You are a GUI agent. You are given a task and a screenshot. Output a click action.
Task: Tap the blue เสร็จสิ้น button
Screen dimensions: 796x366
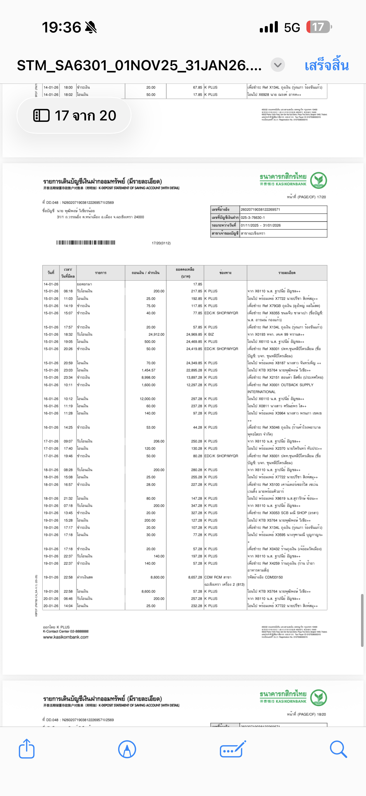(327, 66)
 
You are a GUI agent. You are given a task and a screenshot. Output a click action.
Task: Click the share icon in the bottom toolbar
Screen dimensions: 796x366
(27, 749)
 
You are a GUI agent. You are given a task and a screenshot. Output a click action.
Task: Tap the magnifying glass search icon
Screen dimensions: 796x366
(338, 749)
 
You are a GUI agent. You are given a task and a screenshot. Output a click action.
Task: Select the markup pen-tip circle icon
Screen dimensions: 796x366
(127, 749)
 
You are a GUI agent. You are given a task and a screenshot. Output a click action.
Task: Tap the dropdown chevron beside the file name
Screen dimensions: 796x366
(278, 65)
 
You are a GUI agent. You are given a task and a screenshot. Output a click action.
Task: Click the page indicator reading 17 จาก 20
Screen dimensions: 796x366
(74, 115)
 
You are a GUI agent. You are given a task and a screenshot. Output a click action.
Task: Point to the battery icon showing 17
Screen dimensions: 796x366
(319, 27)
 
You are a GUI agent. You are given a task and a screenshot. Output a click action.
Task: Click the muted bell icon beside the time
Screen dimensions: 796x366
(91, 27)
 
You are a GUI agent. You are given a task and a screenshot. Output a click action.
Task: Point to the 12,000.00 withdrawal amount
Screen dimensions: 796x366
(148, 399)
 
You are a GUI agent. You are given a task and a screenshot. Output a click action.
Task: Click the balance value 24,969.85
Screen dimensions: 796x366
(194, 334)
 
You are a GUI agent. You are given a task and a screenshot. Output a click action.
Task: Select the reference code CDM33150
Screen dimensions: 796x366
(274, 577)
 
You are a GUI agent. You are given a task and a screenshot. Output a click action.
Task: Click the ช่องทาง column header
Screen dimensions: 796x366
(225, 273)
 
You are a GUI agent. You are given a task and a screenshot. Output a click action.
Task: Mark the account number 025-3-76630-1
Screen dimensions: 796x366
(253, 218)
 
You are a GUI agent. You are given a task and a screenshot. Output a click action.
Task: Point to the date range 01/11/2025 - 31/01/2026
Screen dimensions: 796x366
(261, 225)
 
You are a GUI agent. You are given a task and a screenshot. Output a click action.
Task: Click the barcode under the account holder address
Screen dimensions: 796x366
(86, 243)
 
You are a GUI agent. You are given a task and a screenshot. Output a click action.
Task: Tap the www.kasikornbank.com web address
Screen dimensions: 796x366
(66, 637)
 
